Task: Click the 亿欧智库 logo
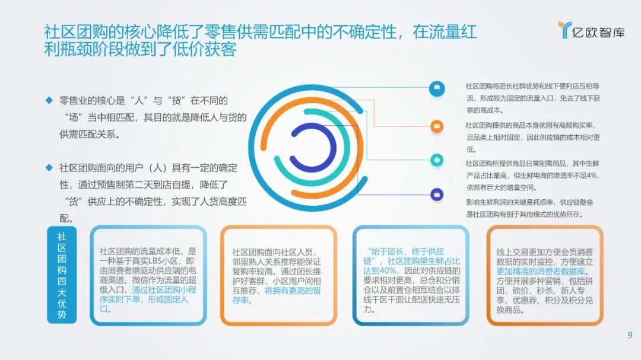591,30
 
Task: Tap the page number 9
630,335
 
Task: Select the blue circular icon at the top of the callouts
437,89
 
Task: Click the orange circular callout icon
437,126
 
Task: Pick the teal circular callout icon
437,160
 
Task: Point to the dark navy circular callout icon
437,195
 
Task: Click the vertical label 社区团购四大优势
62,275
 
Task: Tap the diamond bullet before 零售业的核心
49,100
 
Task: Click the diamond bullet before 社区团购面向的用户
49,167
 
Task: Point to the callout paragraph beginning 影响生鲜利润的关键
530,208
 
